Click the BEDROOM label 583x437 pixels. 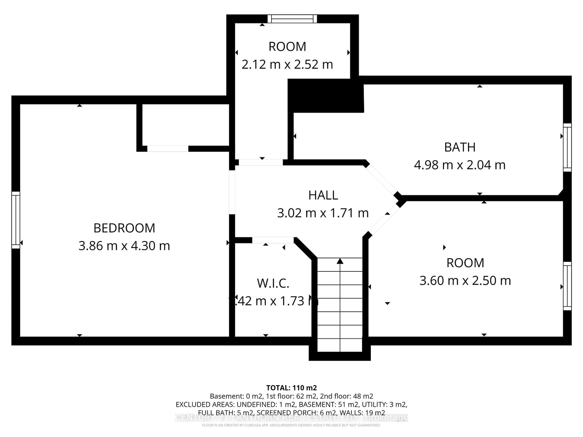[124, 228]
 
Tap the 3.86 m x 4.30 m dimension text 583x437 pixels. [124, 246]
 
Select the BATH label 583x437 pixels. [460, 147]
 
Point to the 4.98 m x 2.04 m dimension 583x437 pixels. [460, 165]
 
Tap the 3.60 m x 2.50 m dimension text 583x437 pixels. [465, 281]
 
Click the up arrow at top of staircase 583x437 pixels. [340, 261]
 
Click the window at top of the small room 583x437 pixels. [292, 19]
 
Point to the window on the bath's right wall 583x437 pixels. [567, 147]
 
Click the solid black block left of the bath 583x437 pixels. [326, 96]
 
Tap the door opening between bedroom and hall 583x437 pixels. [232, 192]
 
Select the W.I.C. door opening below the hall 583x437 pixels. [273, 240]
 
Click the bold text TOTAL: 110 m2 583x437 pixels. [291, 388]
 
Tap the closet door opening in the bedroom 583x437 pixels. [168, 149]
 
